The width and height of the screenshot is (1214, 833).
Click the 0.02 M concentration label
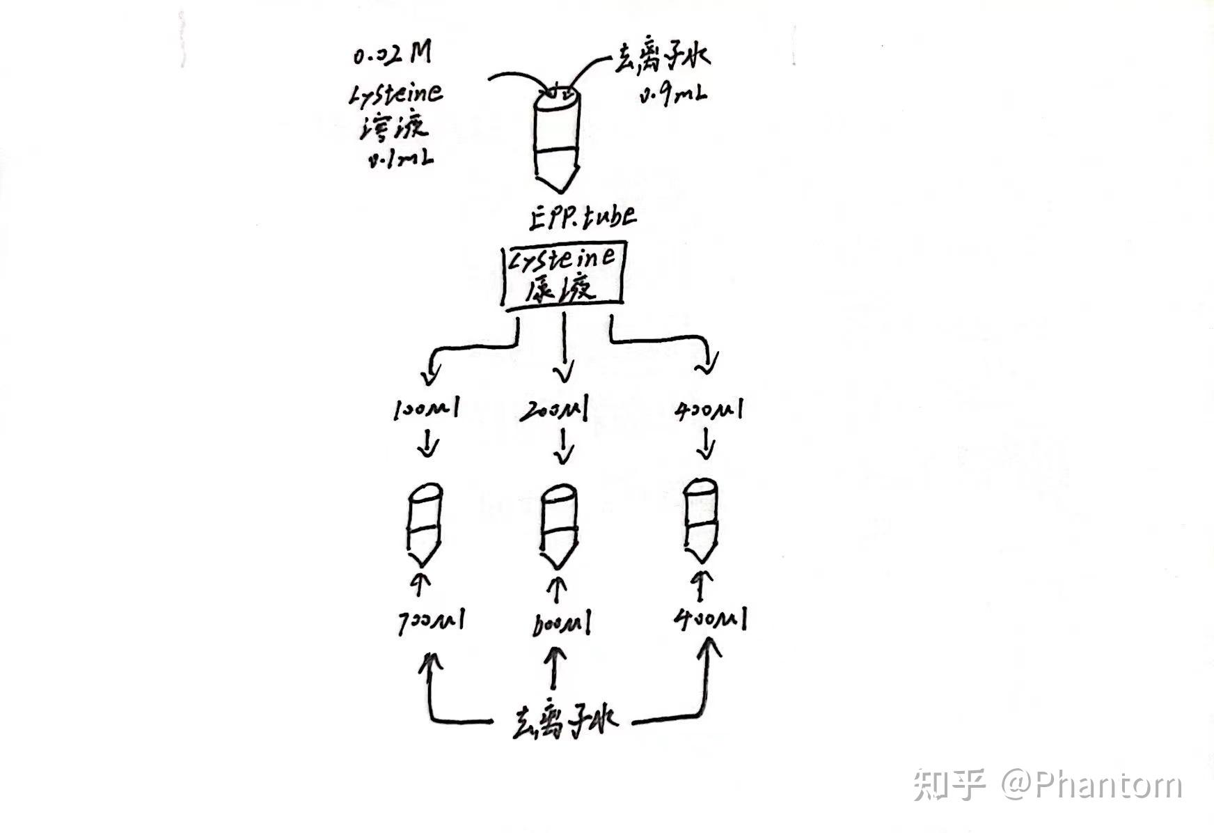392,54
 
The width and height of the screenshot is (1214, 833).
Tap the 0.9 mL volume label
672,95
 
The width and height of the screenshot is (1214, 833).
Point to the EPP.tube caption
581,217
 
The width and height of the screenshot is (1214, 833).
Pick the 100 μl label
425,410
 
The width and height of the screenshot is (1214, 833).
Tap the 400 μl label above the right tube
709,410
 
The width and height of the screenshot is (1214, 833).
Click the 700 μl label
429,620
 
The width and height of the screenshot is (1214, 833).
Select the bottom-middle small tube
560,526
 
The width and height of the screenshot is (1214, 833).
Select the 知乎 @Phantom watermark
1047,784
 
